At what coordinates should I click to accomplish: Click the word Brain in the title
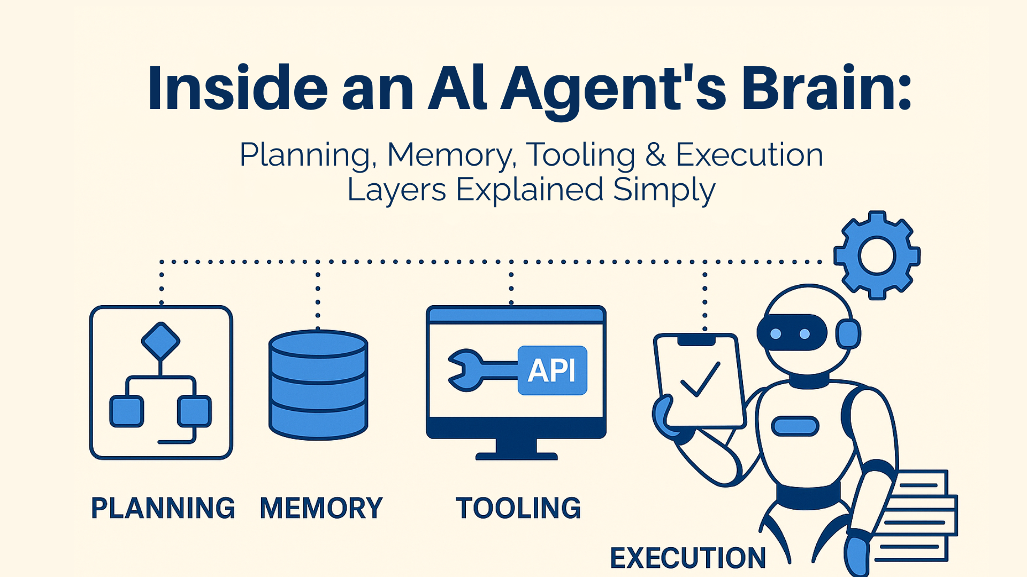[x=826, y=88]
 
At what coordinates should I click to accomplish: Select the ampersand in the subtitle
[x=655, y=155]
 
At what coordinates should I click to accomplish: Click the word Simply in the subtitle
[x=664, y=190]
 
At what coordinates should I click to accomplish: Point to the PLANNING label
[x=163, y=508]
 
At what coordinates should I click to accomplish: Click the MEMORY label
[x=321, y=508]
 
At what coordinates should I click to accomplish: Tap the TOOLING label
[x=518, y=508]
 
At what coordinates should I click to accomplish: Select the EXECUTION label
[x=688, y=558]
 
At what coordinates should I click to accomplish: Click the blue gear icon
[x=877, y=255]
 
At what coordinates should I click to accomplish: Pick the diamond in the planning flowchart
[x=160, y=341]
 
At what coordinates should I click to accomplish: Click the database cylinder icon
[x=318, y=385]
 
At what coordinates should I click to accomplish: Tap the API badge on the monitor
[x=552, y=370]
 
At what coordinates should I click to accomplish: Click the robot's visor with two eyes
[x=791, y=333]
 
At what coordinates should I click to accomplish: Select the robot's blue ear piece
[x=848, y=334]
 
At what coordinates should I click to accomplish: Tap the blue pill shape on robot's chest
[x=795, y=426]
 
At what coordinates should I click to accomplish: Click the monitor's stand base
[x=516, y=456]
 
